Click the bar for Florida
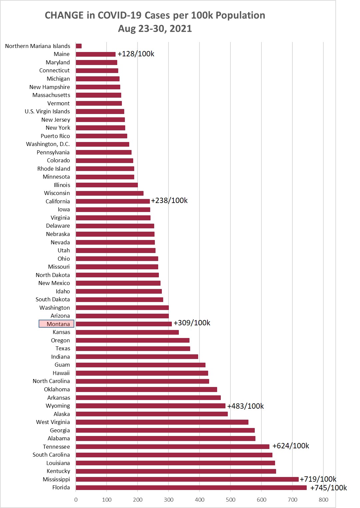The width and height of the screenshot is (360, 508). point(191,488)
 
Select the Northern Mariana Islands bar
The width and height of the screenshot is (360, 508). point(79,46)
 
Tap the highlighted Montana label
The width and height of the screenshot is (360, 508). point(57,324)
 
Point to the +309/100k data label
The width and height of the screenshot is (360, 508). point(192,323)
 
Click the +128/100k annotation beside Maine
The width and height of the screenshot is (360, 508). point(136,54)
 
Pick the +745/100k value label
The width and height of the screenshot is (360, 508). point(328,488)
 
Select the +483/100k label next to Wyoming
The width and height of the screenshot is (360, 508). point(245,406)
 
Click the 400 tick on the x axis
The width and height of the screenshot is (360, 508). point(199,500)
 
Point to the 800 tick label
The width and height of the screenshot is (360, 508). point(323,500)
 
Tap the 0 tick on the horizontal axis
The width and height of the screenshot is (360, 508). point(76,500)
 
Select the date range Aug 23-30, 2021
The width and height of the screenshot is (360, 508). point(155,29)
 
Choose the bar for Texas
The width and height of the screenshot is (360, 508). point(133,349)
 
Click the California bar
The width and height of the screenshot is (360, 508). point(113,201)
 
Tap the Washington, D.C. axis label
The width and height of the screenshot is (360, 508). point(48,144)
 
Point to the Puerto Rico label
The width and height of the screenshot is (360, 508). point(55,136)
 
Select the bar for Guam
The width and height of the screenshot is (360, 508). point(141,365)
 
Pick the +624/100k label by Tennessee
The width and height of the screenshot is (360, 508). point(291,446)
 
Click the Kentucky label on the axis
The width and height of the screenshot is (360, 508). point(58,471)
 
